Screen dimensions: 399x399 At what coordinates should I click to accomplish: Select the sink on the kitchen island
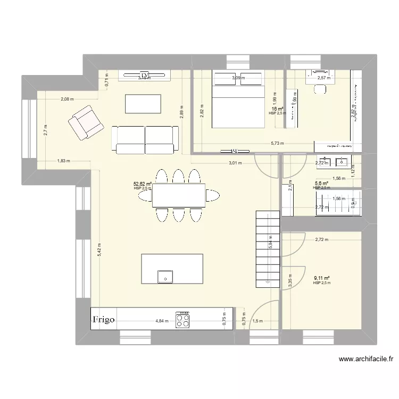(165, 277)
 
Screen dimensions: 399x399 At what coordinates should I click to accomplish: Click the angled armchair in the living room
(85, 122)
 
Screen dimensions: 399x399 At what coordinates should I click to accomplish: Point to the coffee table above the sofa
(143, 103)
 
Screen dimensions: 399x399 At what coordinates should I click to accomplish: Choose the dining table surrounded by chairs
(179, 195)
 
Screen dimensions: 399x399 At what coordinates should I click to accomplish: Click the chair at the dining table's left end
(145, 196)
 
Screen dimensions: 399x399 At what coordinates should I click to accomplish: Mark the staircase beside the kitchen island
(268, 248)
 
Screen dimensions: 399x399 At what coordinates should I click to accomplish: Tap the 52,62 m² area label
(143, 185)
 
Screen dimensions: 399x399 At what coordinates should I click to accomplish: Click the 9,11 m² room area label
(322, 278)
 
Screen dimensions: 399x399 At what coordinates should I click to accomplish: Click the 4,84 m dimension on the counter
(162, 321)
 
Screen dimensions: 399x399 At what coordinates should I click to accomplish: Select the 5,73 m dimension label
(277, 143)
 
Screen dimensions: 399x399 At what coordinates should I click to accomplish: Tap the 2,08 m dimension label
(67, 99)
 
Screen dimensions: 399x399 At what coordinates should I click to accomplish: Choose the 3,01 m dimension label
(235, 163)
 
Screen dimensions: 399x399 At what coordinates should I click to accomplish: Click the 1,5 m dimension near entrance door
(258, 321)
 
